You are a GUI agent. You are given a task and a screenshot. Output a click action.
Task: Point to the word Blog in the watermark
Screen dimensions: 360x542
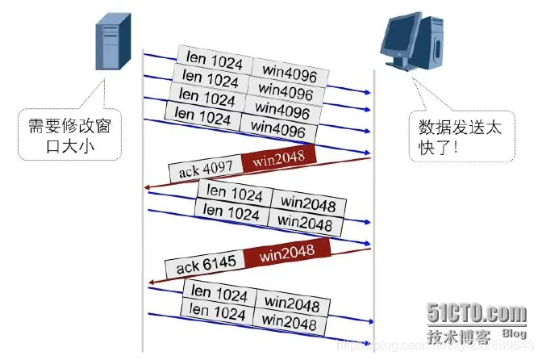pos(514,333)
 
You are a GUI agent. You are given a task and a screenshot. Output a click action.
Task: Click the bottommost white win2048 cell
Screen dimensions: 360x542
pos(287,323)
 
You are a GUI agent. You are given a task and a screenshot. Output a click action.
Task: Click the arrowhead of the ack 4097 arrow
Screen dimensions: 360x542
pos(147,188)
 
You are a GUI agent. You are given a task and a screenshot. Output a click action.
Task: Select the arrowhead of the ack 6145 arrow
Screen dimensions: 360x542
pos(150,283)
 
